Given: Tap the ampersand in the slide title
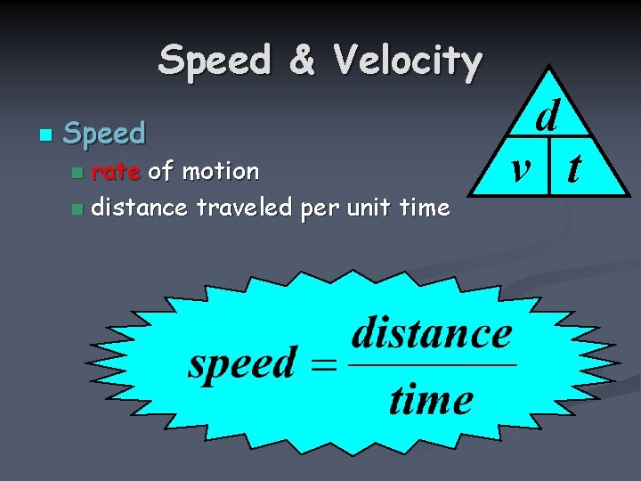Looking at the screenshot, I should tap(303, 61).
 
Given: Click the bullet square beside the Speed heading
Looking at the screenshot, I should tap(44, 135).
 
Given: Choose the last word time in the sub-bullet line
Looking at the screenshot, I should tap(426, 208).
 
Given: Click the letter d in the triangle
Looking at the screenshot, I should tap(548, 117).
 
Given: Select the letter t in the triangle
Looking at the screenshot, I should tap(575, 166).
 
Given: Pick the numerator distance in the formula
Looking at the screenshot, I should tap(432, 335).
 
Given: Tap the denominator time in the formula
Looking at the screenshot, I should tap(431, 399).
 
